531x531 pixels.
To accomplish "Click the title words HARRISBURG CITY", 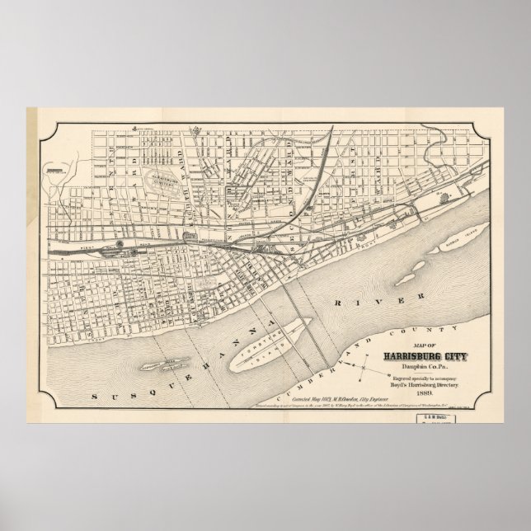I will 424,356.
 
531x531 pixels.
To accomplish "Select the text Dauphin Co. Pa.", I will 425,366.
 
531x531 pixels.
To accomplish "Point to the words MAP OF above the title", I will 424,346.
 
